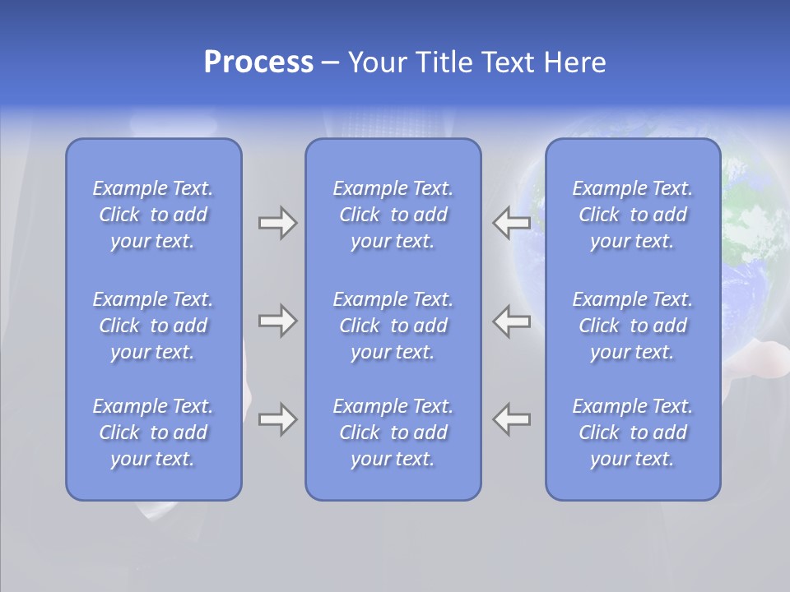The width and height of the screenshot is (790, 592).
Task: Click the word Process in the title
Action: pos(258,62)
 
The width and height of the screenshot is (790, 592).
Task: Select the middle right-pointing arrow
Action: pos(277,321)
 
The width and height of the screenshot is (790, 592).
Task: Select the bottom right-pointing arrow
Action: pos(277,419)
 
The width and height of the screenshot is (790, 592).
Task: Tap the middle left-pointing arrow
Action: pos(512,321)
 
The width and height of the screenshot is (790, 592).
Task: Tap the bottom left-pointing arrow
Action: pos(512,419)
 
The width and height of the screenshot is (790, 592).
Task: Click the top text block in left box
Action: pos(153,215)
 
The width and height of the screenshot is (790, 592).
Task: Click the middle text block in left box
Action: pos(153,326)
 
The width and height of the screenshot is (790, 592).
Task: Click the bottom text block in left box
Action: pos(153,432)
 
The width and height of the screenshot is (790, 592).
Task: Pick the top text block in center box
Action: pos(393,215)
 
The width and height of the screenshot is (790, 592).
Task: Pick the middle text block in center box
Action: pos(393,326)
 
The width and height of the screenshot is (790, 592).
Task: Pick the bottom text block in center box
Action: pos(393,432)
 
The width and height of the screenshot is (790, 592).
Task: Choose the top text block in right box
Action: pos(633,215)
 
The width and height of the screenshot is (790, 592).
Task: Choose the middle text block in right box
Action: pos(633,326)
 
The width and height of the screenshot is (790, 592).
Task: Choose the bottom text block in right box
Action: pos(633,432)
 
